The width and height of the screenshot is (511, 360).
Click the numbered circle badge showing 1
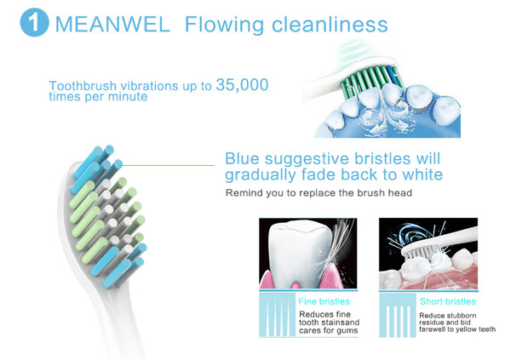34,22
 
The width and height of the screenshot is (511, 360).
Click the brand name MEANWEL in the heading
112,24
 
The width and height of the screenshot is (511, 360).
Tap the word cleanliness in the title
330,24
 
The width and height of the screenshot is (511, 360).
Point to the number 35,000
242,85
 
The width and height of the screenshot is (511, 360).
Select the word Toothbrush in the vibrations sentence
83,86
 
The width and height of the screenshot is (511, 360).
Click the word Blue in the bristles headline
242,158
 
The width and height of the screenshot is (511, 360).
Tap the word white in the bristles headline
422,174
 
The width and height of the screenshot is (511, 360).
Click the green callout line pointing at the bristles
168,165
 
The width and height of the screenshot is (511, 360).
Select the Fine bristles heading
324,301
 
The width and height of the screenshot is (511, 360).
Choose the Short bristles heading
447,301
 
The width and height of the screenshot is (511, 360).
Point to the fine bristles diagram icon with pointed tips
277,315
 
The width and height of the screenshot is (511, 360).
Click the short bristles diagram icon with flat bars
398,316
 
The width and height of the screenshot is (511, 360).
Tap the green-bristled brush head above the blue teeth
368,78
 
